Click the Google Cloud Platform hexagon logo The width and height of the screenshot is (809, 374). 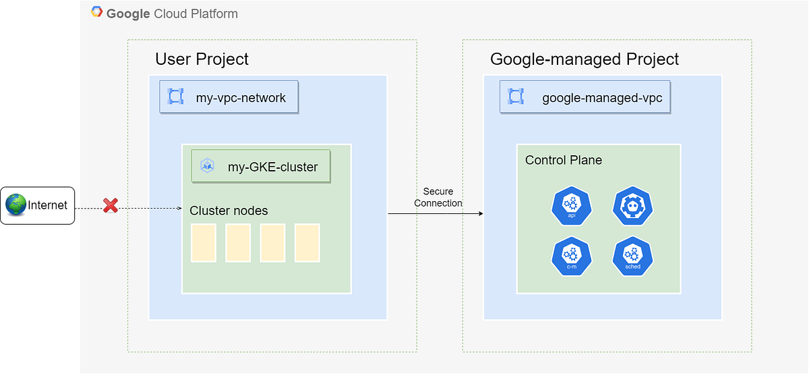[x=97, y=13]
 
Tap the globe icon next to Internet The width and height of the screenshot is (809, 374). [x=16, y=205]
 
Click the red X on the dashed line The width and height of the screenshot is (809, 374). [x=111, y=205]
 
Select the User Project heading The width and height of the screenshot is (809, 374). [x=202, y=59]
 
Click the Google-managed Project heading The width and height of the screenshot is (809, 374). [x=585, y=59]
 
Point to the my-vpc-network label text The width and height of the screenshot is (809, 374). [x=241, y=98]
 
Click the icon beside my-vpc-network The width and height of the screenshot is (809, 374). [x=176, y=97]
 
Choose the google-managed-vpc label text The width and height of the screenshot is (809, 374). [x=602, y=99]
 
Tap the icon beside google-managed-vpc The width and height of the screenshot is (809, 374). [x=516, y=97]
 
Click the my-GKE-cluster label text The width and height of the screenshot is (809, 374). [x=272, y=167]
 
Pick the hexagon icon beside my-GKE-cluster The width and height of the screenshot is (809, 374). [x=207, y=166]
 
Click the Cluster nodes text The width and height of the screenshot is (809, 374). [x=229, y=211]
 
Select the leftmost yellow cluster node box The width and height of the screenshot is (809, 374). [x=203, y=243]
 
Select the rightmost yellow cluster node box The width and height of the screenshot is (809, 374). [x=307, y=243]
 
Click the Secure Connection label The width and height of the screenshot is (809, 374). [x=438, y=197]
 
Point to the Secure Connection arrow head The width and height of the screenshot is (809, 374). [x=481, y=213]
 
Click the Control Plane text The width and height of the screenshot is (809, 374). [x=564, y=160]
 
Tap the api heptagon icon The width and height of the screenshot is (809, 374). [x=571, y=206]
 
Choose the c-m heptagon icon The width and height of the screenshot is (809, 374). [x=571, y=257]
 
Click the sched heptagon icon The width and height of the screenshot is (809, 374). [x=632, y=257]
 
